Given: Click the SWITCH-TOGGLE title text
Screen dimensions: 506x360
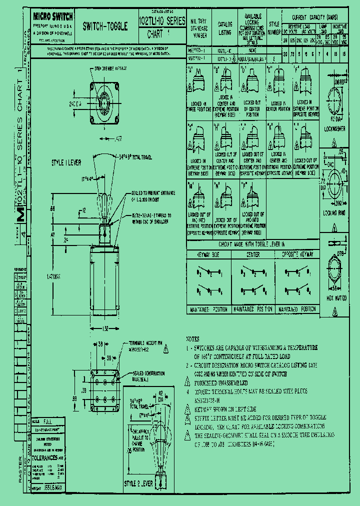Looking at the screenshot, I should tap(105, 26).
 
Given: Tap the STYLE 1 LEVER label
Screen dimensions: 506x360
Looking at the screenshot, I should tap(66, 163).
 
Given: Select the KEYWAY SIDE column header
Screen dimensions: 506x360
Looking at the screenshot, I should tap(208, 254).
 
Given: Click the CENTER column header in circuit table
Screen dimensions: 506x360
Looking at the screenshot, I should tap(252, 254).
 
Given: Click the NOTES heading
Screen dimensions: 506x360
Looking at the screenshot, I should tap(192, 338).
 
